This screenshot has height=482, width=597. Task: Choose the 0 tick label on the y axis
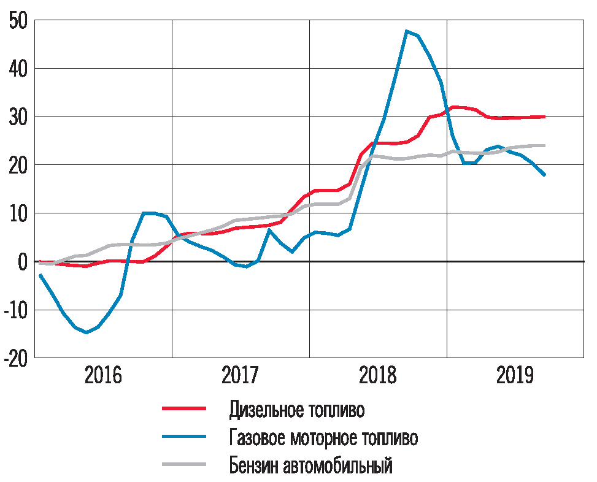(x=23, y=262)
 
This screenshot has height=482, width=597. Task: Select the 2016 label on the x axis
(x=103, y=375)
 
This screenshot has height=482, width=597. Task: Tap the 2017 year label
(x=241, y=375)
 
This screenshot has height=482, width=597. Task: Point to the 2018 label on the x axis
(x=378, y=375)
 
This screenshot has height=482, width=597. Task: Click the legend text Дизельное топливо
(x=301, y=409)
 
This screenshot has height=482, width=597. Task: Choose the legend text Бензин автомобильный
(x=310, y=465)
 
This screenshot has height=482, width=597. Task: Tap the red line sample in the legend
(x=183, y=408)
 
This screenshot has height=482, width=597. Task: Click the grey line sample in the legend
(x=183, y=465)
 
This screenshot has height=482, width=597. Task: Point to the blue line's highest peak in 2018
(x=407, y=31)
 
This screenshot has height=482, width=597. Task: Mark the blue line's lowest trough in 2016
(x=87, y=332)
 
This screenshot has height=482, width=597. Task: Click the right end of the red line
(x=544, y=117)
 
